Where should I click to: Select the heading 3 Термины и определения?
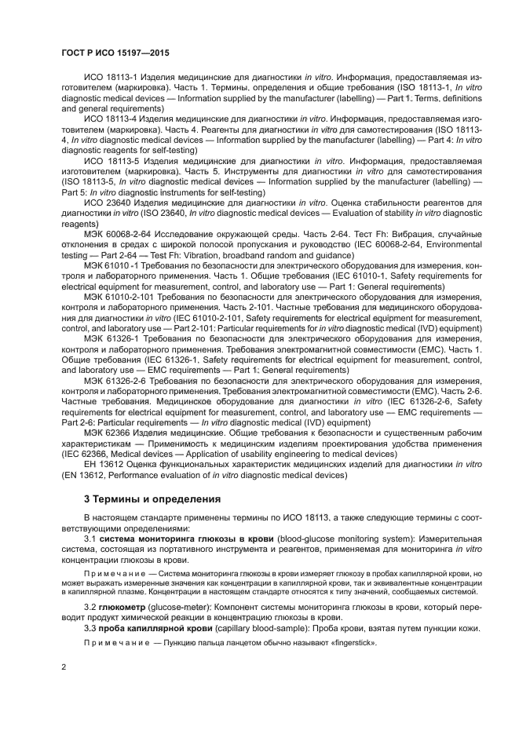[152, 498]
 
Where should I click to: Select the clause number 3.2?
[91, 608]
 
